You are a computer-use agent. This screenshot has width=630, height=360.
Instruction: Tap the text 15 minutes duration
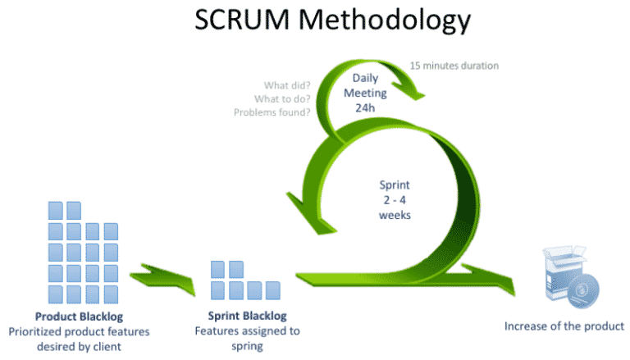tap(454, 65)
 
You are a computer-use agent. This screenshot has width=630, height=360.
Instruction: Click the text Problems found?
tap(272, 112)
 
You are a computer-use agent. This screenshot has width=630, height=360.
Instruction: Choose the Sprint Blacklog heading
tap(247, 317)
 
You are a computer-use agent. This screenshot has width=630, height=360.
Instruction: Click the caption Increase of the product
tap(564, 326)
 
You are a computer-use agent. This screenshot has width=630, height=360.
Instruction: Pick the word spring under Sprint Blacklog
tap(247, 346)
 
